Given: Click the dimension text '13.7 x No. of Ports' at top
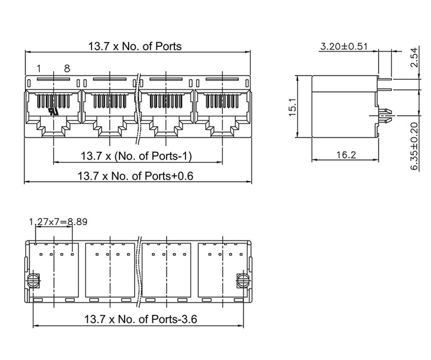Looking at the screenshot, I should pyautogui.click(x=135, y=46).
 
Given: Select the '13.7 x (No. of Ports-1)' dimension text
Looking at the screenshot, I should pyautogui.click(x=136, y=156).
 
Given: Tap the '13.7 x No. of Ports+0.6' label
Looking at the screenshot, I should pyautogui.click(x=135, y=175).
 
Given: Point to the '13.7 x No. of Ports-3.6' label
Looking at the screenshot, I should pyautogui.click(x=140, y=319).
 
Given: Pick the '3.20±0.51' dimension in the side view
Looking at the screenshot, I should pyautogui.click(x=344, y=46).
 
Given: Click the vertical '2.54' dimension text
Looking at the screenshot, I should pyautogui.click(x=414, y=57).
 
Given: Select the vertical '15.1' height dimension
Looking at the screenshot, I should pyautogui.click(x=292, y=107).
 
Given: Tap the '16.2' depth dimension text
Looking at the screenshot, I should pyautogui.click(x=346, y=155).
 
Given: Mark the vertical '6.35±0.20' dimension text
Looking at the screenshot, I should pyautogui.click(x=414, y=146).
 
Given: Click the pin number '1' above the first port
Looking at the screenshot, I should pyautogui.click(x=39, y=69).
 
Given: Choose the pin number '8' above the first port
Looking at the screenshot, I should pyautogui.click(x=67, y=69).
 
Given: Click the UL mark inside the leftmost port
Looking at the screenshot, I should pyautogui.click(x=53, y=111).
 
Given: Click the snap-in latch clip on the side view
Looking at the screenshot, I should pyautogui.click(x=385, y=116).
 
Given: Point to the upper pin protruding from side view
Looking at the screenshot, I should pyautogui.click(x=385, y=79).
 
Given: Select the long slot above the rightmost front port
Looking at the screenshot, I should pyautogui.click(x=222, y=79).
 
